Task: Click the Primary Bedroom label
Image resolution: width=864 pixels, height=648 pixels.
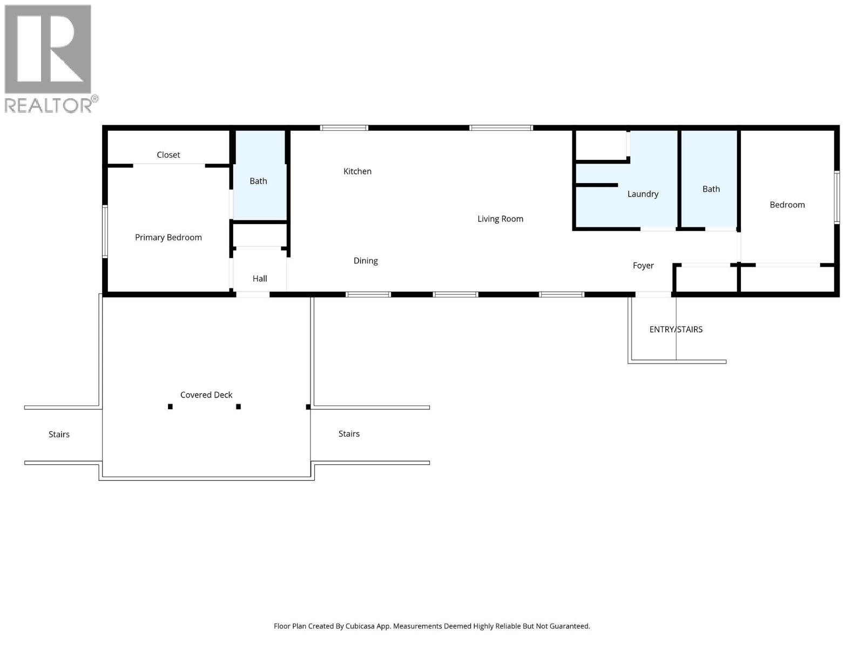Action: click(x=168, y=237)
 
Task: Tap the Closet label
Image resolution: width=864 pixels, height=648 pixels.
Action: click(x=168, y=155)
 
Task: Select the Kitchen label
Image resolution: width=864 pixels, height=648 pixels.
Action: click(x=357, y=171)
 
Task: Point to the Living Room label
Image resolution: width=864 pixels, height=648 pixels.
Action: click(x=500, y=219)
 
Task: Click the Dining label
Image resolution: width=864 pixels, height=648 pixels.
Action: click(x=366, y=261)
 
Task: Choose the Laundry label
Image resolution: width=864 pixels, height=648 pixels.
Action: click(x=643, y=194)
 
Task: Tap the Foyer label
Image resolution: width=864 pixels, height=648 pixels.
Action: click(x=643, y=266)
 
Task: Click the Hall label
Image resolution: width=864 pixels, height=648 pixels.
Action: click(x=260, y=279)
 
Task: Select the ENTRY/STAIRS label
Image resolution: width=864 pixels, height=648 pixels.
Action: click(x=676, y=329)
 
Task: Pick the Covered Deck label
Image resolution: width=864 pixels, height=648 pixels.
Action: click(x=206, y=395)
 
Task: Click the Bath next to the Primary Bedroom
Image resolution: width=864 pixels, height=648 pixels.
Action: click(x=258, y=181)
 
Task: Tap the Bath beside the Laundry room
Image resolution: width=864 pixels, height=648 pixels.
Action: click(x=711, y=189)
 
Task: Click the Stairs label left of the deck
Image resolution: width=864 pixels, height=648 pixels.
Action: click(x=59, y=434)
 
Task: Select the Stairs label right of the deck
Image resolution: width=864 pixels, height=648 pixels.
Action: click(x=349, y=434)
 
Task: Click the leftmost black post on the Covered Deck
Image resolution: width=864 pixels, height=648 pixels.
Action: click(x=170, y=407)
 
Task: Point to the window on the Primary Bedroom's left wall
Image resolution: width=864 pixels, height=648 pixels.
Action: click(x=105, y=231)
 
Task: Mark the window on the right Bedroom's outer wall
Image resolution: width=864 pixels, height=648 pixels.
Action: click(x=836, y=197)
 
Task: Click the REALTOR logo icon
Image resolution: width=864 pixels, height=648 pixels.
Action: click(x=48, y=50)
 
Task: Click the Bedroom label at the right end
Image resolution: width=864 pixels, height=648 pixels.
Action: click(x=787, y=205)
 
